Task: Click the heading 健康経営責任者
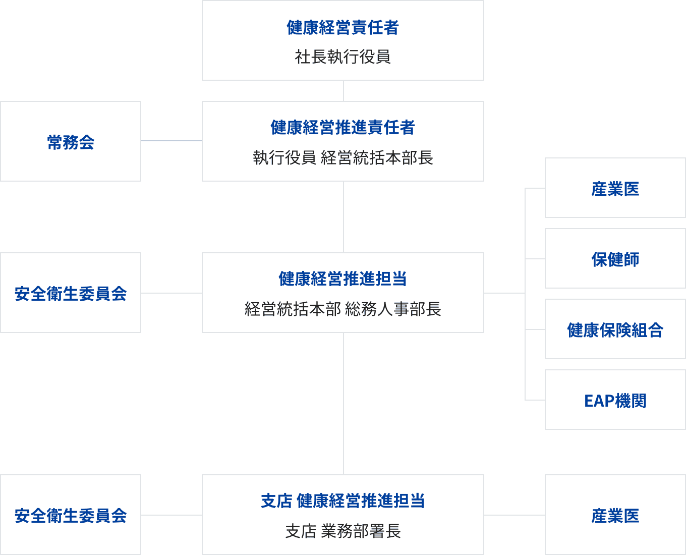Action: tap(342, 28)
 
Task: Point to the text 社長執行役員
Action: tap(342, 57)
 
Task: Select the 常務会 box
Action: tap(71, 141)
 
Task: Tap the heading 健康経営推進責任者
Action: tap(342, 128)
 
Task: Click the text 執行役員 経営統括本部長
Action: tap(342, 158)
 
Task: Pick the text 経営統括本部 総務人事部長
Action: tap(342, 309)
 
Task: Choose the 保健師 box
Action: tap(615, 259)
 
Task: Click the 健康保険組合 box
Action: tap(615, 329)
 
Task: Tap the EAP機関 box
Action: tap(615, 400)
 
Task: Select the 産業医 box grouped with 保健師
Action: tap(615, 188)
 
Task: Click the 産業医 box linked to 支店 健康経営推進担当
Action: tap(615, 515)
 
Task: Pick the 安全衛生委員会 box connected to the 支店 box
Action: tap(71, 515)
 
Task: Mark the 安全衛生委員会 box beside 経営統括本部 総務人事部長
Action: tap(71, 293)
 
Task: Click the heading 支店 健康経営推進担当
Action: tap(342, 501)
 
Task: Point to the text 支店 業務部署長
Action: tap(342, 531)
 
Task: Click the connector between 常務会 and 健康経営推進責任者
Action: tap(171, 141)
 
